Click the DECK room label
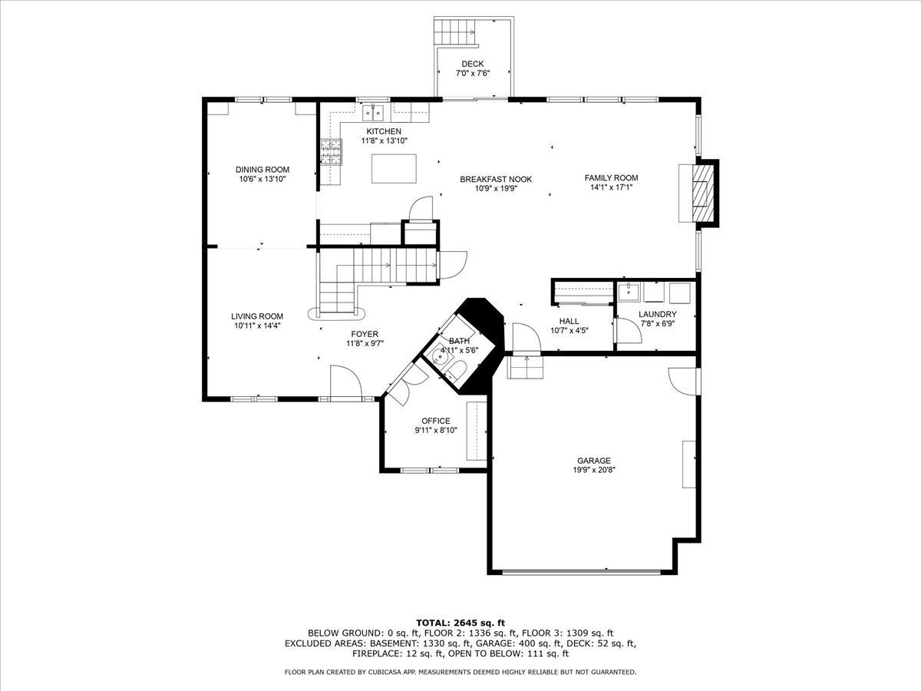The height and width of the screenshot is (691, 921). point(473,64)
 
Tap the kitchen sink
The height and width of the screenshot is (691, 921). point(373,114)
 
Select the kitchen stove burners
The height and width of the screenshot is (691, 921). point(332,151)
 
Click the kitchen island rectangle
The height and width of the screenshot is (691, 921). point(394,169)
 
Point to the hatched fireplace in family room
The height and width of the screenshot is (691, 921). point(702,193)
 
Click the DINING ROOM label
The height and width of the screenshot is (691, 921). point(262,170)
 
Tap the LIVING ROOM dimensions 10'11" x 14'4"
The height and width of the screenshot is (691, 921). point(257,326)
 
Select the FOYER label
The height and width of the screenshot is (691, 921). point(365,334)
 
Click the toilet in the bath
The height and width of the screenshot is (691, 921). point(455,371)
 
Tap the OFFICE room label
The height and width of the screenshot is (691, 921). point(436,421)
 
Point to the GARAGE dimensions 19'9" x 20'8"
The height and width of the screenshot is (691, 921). point(594,470)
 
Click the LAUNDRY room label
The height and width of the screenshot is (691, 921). point(658,314)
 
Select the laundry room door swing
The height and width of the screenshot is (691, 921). point(628,331)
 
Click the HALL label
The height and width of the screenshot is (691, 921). point(569,321)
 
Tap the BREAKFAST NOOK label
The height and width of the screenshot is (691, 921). point(496,179)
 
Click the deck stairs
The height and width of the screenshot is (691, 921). point(456,32)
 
